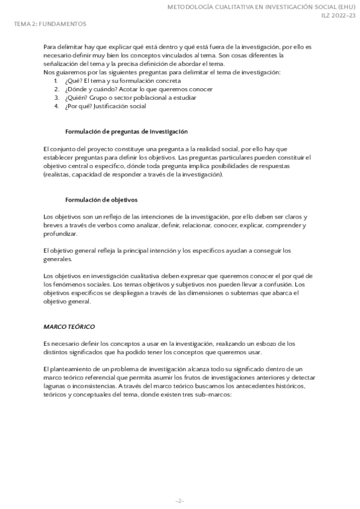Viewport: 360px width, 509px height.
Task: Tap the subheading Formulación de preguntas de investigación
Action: tap(126, 131)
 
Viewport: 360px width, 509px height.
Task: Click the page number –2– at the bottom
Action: tap(179, 501)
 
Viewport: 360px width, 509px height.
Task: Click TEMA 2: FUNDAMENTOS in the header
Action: tap(50, 24)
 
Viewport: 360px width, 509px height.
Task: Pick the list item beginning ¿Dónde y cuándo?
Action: tap(138, 89)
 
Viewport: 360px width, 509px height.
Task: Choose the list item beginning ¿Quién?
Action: tap(130, 97)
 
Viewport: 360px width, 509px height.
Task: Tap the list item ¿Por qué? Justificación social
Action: tap(105, 106)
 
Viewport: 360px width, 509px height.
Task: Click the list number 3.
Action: tap(56, 97)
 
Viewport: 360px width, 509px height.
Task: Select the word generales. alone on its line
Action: tap(58, 259)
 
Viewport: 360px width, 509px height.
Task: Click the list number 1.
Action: tap(56, 80)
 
